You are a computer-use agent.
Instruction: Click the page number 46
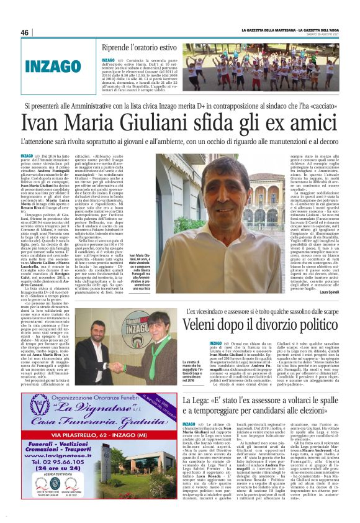tap(25, 32)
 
